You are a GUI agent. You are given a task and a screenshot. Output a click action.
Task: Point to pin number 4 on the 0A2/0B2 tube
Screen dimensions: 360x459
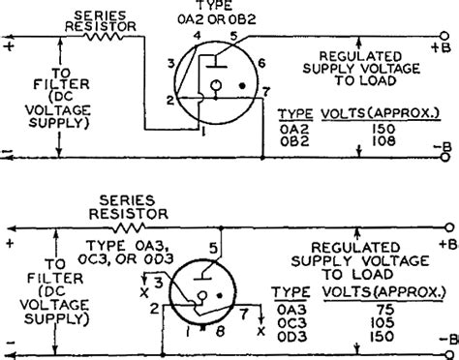tap(198, 35)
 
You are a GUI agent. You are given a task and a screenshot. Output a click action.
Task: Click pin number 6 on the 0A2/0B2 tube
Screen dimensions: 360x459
tap(259, 61)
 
